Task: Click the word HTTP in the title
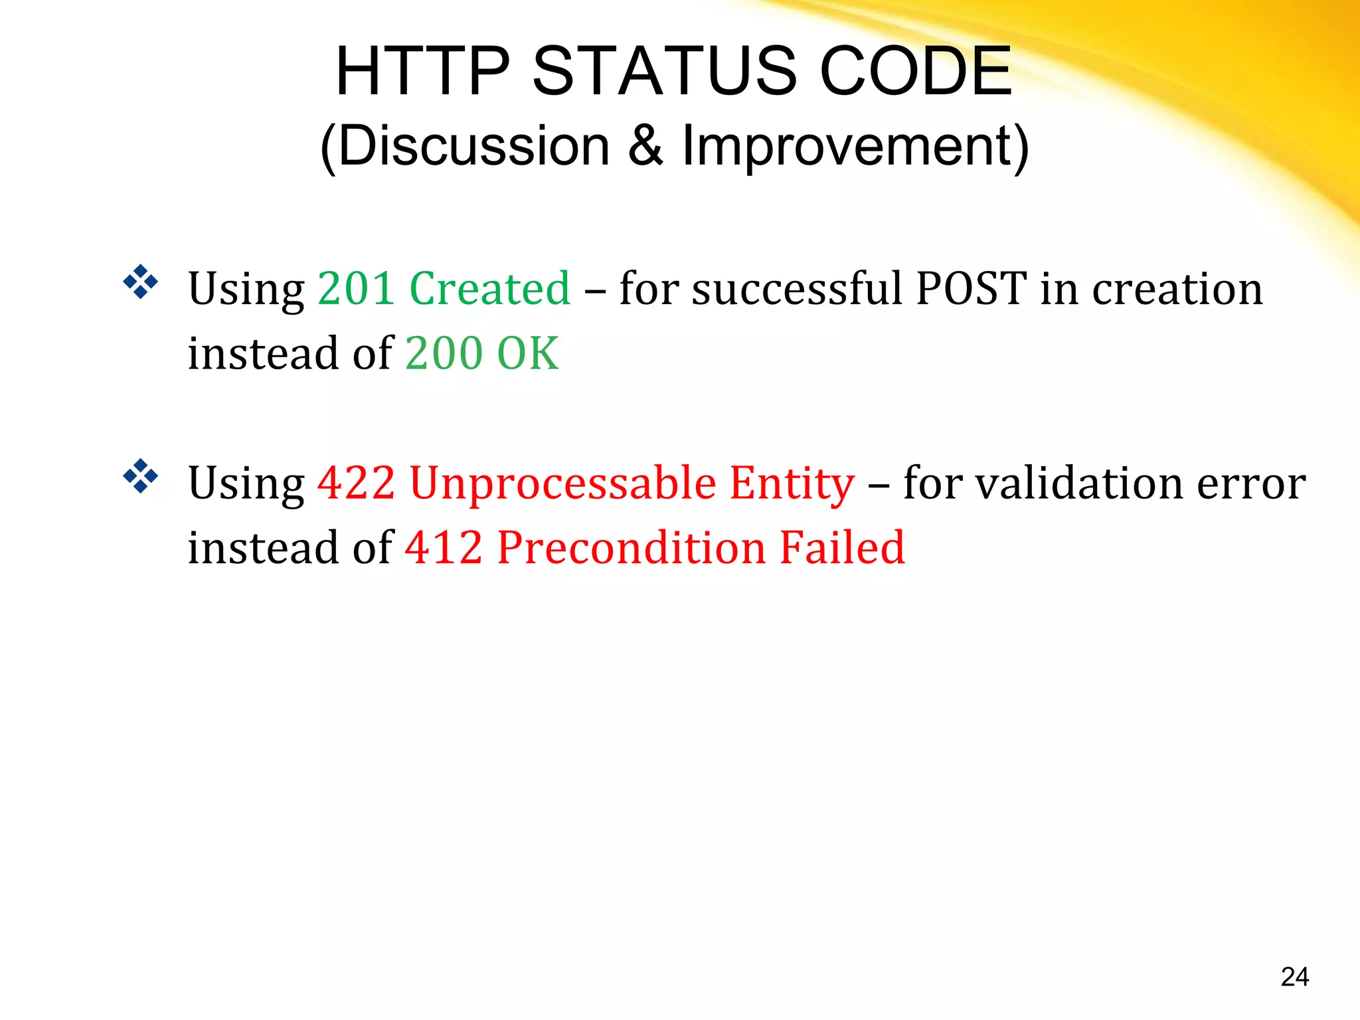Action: click(x=423, y=71)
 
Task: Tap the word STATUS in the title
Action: click(x=664, y=71)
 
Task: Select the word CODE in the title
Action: click(x=916, y=71)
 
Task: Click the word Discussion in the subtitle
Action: click(x=473, y=146)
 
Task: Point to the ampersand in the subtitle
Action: click(x=645, y=146)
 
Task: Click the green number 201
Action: click(x=357, y=289)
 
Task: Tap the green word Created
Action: click(x=490, y=289)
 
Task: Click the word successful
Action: click(x=797, y=289)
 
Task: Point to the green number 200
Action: click(x=444, y=353)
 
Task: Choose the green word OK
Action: click(x=528, y=353)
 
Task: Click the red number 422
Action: click(x=357, y=483)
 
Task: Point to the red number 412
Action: click(x=444, y=548)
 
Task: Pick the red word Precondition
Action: click(x=632, y=548)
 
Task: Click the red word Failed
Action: click(x=842, y=548)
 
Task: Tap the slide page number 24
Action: click(x=1294, y=977)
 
